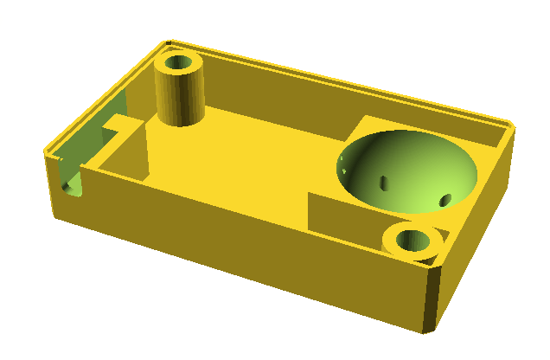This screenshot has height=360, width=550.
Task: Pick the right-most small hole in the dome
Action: pyautogui.click(x=445, y=201)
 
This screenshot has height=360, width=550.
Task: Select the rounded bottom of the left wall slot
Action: pyautogui.click(x=70, y=187)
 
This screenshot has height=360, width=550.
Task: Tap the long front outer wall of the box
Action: pyautogui.click(x=242, y=251)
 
